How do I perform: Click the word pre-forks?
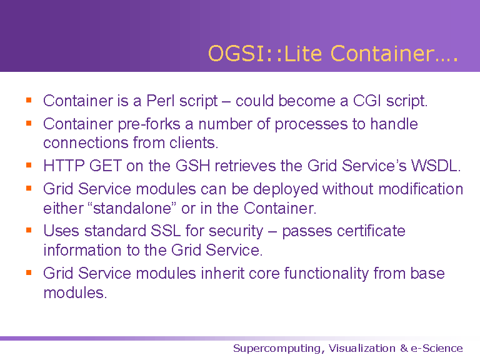[149, 124]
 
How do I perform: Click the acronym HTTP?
[64, 166]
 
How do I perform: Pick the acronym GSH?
[193, 166]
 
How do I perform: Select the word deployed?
[285, 189]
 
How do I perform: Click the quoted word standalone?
[132, 208]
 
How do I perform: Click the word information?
[82, 250]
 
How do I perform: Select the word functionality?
[326, 274]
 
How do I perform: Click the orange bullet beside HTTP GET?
[29, 165]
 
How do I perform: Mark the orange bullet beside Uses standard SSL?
[29, 230]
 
